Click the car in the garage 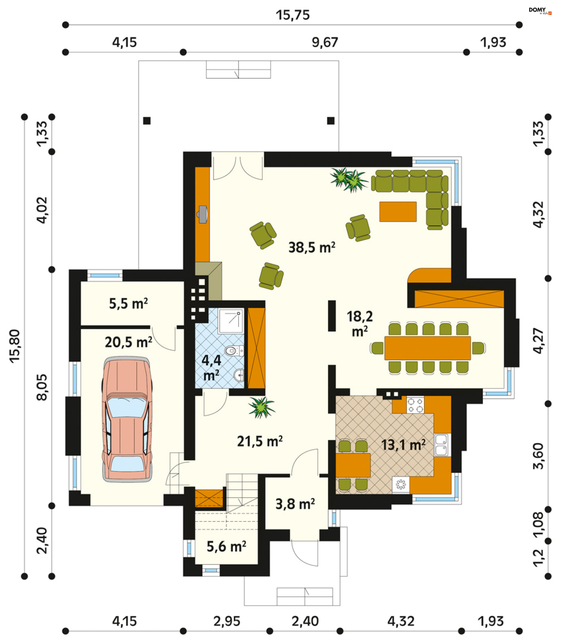127,420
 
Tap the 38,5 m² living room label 312,248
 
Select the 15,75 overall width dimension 293,15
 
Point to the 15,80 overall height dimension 15,346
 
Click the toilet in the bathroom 234,351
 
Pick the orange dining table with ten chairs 428,348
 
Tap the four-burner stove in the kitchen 415,405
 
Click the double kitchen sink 442,444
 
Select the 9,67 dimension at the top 325,42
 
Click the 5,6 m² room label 226,547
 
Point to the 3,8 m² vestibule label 295,504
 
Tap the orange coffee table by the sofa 398,212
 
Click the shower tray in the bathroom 231,321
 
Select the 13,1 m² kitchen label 403,445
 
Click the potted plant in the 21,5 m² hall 262,407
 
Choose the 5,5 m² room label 128,304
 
